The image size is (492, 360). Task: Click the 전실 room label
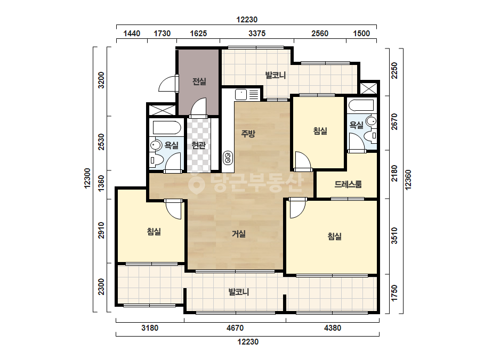(199, 81)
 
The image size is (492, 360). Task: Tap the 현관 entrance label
(198, 145)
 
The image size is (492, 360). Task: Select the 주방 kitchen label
(248, 134)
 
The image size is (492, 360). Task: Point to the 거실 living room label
(238, 234)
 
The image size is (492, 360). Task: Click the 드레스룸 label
(348, 184)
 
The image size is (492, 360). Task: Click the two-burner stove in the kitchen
(228, 158)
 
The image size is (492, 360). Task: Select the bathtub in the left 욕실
(167, 128)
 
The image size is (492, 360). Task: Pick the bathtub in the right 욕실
(361, 105)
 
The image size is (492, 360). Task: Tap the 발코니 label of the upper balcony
(275, 75)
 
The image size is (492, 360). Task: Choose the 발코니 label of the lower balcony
(238, 292)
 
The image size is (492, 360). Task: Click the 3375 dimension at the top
(257, 33)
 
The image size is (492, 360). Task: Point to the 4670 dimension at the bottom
(235, 328)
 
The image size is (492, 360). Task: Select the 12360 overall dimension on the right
(408, 179)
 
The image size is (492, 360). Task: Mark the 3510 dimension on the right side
(394, 236)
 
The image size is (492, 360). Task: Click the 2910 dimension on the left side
(101, 230)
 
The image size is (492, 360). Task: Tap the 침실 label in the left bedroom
(154, 232)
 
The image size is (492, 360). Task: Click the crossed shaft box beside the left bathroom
(162, 110)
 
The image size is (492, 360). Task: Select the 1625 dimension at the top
(198, 33)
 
